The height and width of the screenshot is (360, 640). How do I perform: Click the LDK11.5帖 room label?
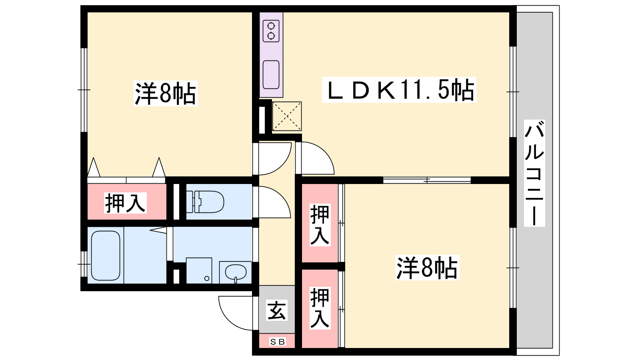tap(399, 90)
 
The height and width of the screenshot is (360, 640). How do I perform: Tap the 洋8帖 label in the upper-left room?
tap(166, 94)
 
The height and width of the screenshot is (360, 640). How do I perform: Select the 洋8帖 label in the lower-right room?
tap(427, 268)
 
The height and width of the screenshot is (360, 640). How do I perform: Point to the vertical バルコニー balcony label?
tap(534, 173)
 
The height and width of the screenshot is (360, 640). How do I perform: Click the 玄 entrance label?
tap(276, 310)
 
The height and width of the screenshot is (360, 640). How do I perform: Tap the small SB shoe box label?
tap(277, 342)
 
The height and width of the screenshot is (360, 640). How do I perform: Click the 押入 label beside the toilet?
tap(125, 203)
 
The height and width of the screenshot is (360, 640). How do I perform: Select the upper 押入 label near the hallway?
tap(320, 225)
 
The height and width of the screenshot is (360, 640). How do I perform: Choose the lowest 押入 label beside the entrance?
tap(320, 308)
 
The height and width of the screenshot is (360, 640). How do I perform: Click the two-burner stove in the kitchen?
tap(271, 31)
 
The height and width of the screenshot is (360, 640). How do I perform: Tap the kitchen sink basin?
tap(271, 74)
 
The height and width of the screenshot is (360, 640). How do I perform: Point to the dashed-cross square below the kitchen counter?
tap(287, 116)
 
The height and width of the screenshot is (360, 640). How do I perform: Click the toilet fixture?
tap(205, 202)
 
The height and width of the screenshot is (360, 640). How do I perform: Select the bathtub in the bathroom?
tap(106, 256)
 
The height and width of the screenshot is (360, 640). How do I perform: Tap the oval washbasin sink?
tap(236, 272)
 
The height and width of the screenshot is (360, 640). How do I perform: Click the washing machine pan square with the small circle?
tap(199, 270)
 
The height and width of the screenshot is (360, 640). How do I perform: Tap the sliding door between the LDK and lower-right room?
tap(427, 180)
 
